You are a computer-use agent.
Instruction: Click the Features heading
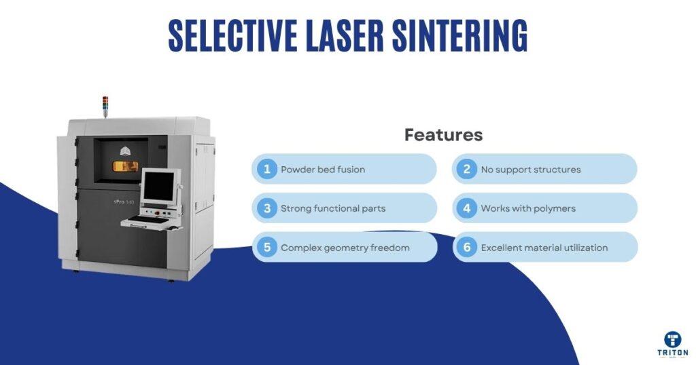(x=443, y=135)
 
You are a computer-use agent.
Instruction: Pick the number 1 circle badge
(x=267, y=169)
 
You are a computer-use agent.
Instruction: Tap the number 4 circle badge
(x=467, y=208)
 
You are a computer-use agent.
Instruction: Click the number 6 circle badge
(x=467, y=248)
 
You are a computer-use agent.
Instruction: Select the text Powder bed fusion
(x=323, y=170)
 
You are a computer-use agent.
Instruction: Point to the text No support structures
(x=531, y=170)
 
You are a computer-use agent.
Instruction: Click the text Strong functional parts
(x=333, y=208)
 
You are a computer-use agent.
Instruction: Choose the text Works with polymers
(x=528, y=208)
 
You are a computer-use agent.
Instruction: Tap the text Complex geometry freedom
(x=345, y=248)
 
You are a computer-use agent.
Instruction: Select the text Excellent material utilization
(x=544, y=248)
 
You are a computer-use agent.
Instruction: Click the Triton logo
(x=673, y=343)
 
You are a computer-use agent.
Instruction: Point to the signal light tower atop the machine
(x=105, y=105)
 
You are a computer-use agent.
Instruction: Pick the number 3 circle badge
(x=267, y=208)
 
